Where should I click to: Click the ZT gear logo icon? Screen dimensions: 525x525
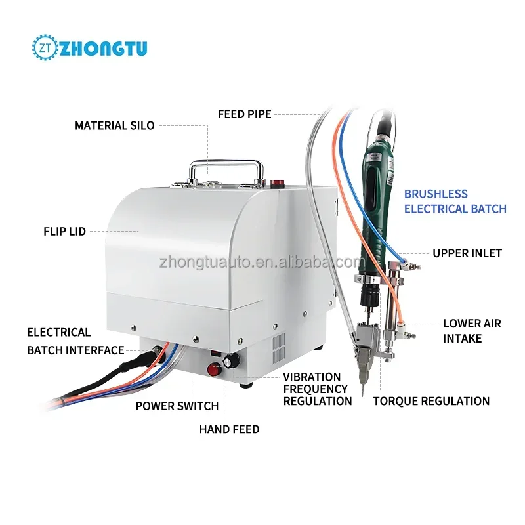(45, 48)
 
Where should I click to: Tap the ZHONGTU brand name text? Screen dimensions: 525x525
(104, 48)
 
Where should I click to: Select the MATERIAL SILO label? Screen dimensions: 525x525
(114, 125)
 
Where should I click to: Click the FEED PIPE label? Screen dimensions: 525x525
(244, 114)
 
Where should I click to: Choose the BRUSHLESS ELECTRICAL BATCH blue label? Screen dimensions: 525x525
(455, 201)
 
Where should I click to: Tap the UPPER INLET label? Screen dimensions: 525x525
(467, 253)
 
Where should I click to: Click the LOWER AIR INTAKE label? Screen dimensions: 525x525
(471, 331)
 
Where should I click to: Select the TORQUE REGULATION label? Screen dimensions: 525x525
(431, 401)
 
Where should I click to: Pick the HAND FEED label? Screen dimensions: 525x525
(229, 429)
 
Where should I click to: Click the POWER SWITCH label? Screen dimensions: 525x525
(177, 406)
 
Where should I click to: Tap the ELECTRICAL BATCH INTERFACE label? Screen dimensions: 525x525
(75, 341)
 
